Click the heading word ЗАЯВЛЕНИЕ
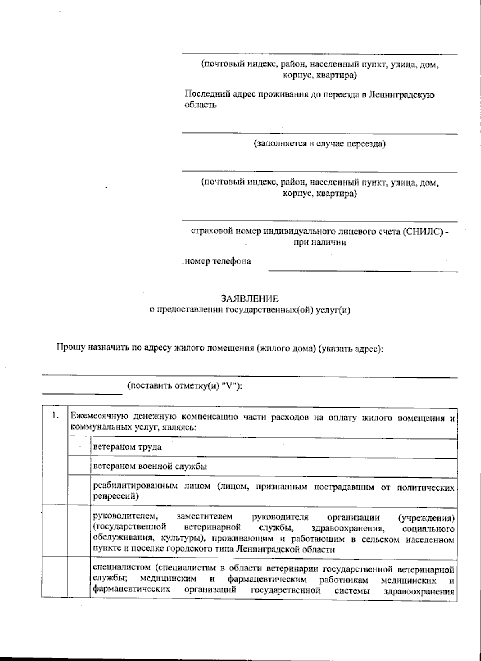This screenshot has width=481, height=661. (250, 299)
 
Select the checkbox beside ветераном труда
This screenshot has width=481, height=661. (79, 447)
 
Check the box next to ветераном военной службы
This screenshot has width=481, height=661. (79, 467)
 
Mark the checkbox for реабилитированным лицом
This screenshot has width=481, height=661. (79, 491)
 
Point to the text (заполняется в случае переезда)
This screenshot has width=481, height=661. (319, 144)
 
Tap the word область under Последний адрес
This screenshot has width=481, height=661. (200, 105)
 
